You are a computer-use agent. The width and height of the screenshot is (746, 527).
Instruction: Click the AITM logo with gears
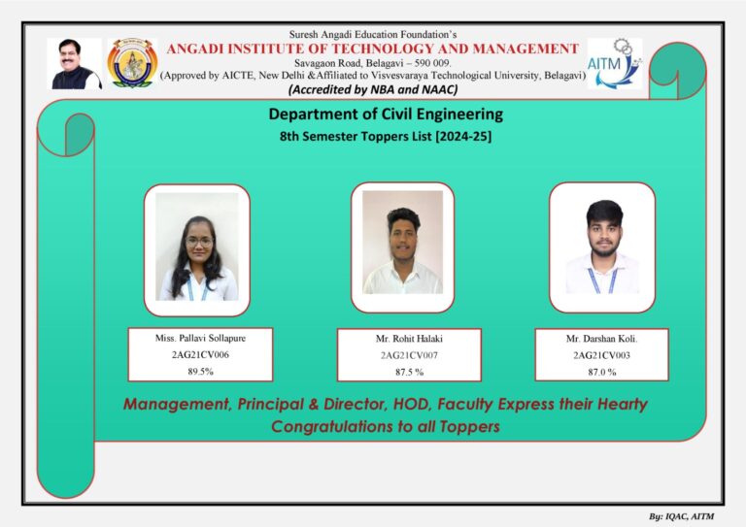click(x=615, y=64)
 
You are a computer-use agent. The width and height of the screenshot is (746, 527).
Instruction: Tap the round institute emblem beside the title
click(x=132, y=63)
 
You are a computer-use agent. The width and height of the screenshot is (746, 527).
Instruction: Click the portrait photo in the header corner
click(x=75, y=64)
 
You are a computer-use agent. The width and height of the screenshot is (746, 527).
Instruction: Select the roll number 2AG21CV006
click(x=200, y=354)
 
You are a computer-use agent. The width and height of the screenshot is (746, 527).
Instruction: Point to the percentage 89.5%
click(x=200, y=372)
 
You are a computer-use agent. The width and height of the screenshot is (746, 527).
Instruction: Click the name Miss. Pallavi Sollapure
click(x=200, y=338)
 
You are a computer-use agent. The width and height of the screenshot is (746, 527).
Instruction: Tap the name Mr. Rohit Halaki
click(x=409, y=339)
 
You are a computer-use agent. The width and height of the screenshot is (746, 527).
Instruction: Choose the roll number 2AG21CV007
click(x=409, y=355)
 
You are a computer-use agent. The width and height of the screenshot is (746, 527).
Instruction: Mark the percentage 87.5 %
click(x=409, y=372)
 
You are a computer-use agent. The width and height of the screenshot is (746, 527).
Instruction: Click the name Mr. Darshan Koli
click(x=601, y=339)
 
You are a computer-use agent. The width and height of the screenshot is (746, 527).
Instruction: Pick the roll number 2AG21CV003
click(x=601, y=355)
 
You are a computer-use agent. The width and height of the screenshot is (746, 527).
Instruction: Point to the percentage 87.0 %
click(x=602, y=372)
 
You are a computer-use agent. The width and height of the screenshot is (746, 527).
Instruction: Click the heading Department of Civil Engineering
click(x=386, y=115)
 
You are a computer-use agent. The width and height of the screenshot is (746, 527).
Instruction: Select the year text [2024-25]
click(x=463, y=137)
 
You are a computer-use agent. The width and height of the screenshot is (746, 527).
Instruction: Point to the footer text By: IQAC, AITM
click(x=681, y=516)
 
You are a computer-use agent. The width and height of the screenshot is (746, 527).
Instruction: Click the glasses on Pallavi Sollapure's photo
click(x=199, y=242)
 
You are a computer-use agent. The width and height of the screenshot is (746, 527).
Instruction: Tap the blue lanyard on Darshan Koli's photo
click(x=602, y=280)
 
